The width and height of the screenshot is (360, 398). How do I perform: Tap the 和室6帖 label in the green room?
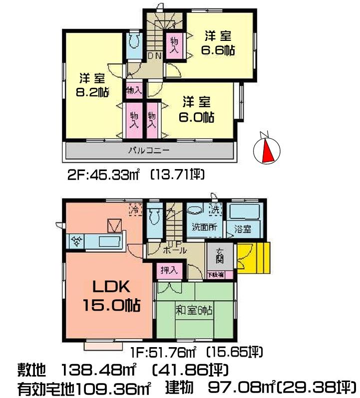click(x=194, y=310)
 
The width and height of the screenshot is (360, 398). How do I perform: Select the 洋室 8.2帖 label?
click(x=92, y=85)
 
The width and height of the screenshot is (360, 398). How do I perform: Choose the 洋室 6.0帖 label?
click(x=197, y=109)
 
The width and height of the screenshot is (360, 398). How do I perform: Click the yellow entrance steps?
click(x=254, y=258)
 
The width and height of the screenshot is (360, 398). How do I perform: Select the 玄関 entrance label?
click(x=220, y=257)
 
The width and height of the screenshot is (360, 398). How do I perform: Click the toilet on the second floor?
click(x=133, y=44)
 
